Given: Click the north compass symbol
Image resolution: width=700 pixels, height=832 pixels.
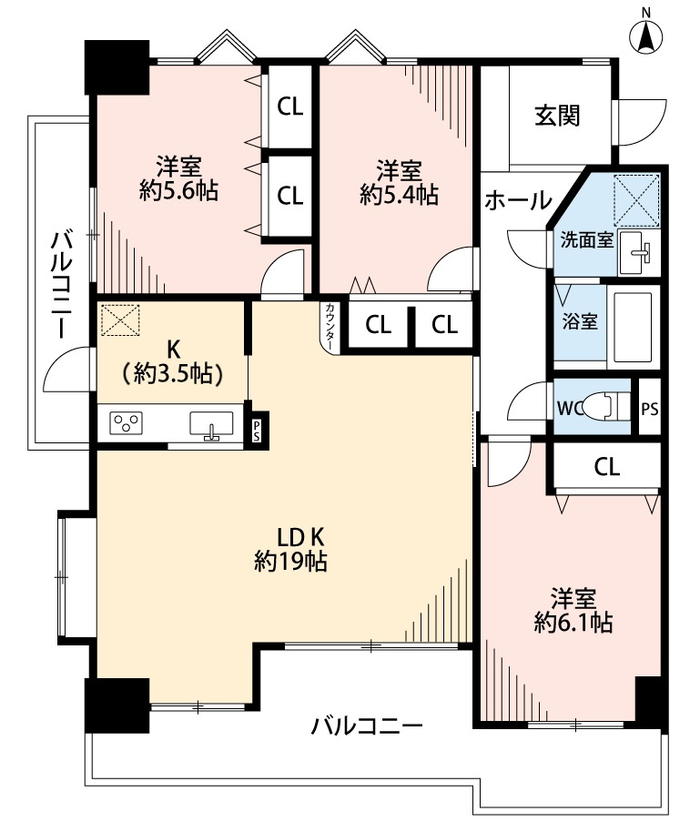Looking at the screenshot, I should pyautogui.click(x=646, y=36).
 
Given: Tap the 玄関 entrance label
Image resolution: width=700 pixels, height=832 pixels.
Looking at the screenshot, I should pyautogui.click(x=557, y=116).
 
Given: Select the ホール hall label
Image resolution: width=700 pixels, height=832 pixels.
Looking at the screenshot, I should pyautogui.click(x=517, y=199).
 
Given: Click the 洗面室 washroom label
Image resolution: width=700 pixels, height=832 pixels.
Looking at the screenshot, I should pyautogui.click(x=586, y=241).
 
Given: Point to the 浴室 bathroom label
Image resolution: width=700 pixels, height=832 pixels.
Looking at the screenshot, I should pyautogui.click(x=579, y=322).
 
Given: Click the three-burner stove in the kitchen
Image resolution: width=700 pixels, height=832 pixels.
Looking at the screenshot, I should pyautogui.click(x=127, y=423).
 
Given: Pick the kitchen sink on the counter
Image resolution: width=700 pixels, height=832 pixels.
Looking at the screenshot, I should pyautogui.click(x=211, y=424).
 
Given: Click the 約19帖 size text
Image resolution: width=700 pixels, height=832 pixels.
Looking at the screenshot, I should pyautogui.click(x=290, y=562).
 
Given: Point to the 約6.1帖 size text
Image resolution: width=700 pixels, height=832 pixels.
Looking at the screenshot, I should pyautogui.click(x=573, y=623).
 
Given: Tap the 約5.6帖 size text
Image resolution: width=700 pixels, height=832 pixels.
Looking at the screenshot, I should pyautogui.click(x=178, y=191).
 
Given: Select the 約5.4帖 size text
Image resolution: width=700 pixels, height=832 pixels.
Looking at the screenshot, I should pyautogui.click(x=399, y=194).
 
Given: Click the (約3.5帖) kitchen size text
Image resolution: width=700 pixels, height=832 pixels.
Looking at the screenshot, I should pyautogui.click(x=172, y=372).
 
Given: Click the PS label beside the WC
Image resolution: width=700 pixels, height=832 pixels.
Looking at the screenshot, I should pyautogui.click(x=648, y=408).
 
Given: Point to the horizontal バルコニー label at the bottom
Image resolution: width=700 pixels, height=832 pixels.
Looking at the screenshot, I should pyautogui.click(x=367, y=726).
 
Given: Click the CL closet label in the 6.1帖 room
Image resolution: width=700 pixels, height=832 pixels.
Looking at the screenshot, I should pyautogui.click(x=606, y=467).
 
